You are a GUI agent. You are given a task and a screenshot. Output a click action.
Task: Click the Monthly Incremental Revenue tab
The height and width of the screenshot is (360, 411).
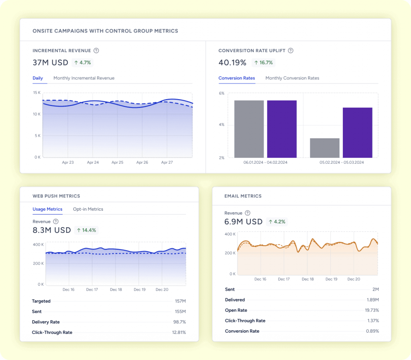pyautogui.click(x=84, y=78)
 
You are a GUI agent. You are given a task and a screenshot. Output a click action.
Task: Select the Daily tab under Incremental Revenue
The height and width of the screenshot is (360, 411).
pyautogui.click(x=38, y=78)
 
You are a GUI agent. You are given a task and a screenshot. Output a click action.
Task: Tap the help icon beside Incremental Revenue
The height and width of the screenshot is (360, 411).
pyautogui.click(x=96, y=51)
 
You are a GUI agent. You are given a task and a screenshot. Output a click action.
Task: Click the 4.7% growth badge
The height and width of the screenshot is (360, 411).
pyautogui.click(x=83, y=63)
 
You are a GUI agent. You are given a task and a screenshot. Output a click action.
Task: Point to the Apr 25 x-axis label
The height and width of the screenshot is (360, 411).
pyautogui.click(x=117, y=163)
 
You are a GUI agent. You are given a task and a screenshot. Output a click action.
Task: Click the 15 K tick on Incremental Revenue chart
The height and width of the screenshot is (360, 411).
pyautogui.click(x=37, y=93)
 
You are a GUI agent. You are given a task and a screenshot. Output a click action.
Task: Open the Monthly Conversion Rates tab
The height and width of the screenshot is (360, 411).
pyautogui.click(x=292, y=78)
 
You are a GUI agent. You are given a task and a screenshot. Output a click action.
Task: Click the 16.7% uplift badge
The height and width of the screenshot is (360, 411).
pyautogui.click(x=263, y=63)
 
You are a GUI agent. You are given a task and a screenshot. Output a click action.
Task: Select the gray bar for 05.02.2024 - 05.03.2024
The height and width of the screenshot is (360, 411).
pyautogui.click(x=325, y=148)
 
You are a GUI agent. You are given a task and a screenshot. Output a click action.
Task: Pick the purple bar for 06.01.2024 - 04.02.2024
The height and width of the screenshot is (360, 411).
pyautogui.click(x=282, y=129)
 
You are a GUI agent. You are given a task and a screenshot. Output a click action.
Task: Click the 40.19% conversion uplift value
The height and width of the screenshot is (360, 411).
pyautogui.click(x=232, y=63)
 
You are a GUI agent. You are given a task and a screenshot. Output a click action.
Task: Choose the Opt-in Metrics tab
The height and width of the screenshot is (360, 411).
pyautogui.click(x=88, y=209)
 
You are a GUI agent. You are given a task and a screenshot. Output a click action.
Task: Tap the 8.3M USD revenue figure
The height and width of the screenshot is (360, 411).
pyautogui.click(x=51, y=230)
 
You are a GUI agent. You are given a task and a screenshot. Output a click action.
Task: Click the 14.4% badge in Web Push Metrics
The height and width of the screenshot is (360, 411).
pyautogui.click(x=86, y=230)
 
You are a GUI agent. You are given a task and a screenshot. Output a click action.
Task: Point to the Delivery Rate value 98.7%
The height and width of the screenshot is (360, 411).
pyautogui.click(x=179, y=322)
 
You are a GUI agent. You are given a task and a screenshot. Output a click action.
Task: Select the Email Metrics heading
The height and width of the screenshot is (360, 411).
pyautogui.click(x=243, y=196)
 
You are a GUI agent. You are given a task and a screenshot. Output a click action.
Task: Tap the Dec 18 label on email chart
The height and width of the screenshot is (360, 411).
pyautogui.click(x=308, y=279)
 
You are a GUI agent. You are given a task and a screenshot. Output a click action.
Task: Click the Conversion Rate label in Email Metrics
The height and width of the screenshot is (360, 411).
pyautogui.click(x=242, y=331)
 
